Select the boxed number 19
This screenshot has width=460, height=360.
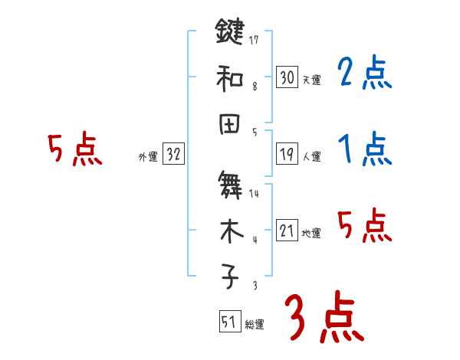tap(287, 154)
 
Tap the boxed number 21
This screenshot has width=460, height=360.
tap(287, 231)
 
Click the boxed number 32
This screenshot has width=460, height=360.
tap(173, 154)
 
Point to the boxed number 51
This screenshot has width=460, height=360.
tap(228, 322)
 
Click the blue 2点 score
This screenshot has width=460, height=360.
tap(364, 74)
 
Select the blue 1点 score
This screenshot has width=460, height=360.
tap(364, 149)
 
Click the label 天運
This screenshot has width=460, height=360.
tap(311, 80)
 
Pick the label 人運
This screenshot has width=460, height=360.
tap(311, 157)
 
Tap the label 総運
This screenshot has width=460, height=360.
tap(254, 325)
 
